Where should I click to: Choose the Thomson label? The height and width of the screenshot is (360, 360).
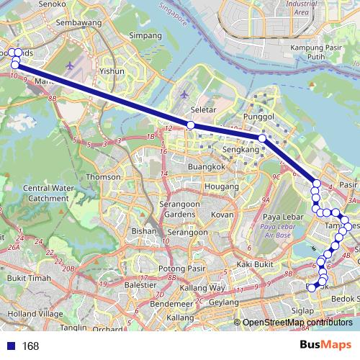pyautogui.click(x=104, y=176)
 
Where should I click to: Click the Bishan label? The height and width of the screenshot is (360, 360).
pyautogui.click(x=143, y=231)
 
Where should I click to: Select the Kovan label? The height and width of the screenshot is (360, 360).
pyautogui.click(x=222, y=215)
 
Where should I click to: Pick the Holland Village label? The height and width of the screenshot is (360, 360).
pyautogui.click(x=30, y=314)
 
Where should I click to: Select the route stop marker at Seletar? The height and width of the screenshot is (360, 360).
pyautogui.click(x=191, y=125)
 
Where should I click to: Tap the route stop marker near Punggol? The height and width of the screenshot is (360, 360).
pyautogui.click(x=262, y=138)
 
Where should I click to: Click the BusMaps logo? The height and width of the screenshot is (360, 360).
pyautogui.click(x=325, y=345)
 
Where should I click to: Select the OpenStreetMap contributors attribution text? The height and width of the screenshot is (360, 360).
pyautogui.click(x=298, y=323)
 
